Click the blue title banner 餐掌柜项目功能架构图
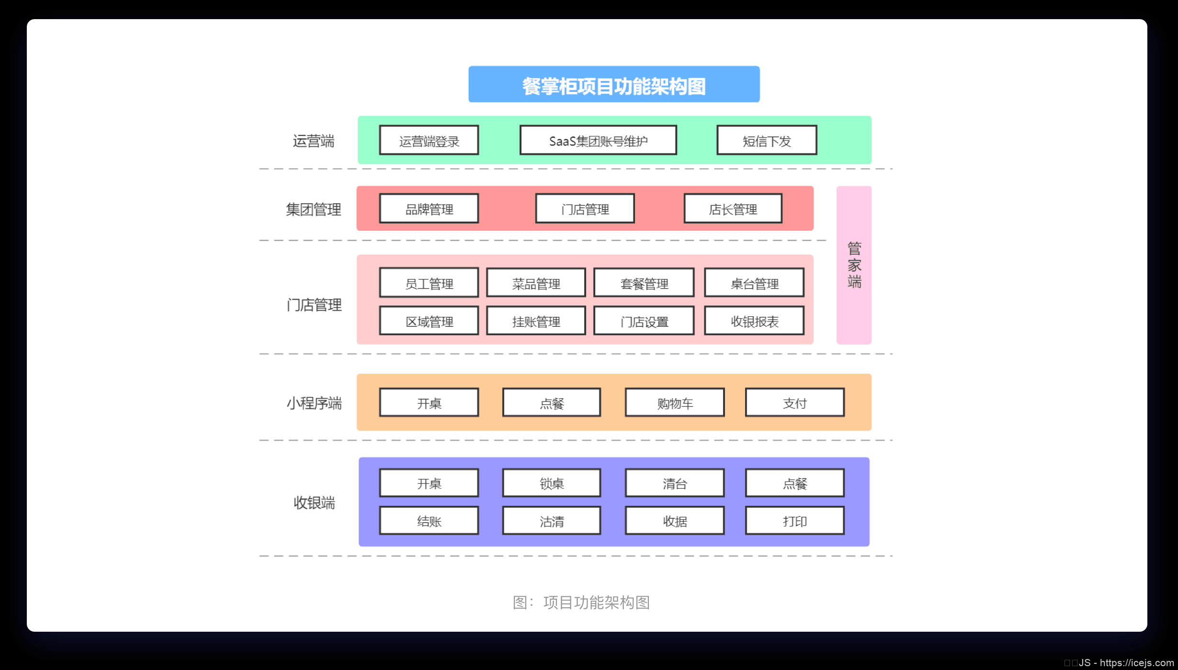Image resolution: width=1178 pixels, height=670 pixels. [x=614, y=85]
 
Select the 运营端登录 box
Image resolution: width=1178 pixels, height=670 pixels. [x=429, y=141]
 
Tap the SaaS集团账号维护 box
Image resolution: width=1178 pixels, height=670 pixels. [x=598, y=141]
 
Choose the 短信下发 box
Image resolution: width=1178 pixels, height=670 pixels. [x=767, y=141]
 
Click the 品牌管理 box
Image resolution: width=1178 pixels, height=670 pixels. [x=429, y=209]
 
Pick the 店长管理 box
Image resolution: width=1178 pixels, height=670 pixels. [x=733, y=209]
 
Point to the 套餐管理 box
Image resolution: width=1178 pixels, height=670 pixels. [x=644, y=283]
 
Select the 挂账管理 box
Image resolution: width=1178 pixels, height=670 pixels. [x=536, y=321]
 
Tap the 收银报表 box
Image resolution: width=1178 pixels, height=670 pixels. [x=754, y=321]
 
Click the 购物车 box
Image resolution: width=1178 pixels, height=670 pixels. [x=675, y=403]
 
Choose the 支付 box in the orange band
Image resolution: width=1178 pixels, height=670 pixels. [x=795, y=403]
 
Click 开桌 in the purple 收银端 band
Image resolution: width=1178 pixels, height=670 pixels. [x=429, y=483]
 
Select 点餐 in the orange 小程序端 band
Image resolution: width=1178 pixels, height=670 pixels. [x=552, y=403]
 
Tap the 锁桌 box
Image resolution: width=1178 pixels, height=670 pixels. [x=552, y=483]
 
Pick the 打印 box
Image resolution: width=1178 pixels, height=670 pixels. [x=795, y=521]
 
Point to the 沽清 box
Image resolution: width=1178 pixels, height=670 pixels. [x=552, y=521]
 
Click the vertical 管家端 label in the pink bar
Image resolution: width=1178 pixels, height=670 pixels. [x=854, y=265]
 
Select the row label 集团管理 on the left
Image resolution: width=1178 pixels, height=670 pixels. [x=314, y=209]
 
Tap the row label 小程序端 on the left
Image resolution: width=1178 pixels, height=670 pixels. [x=314, y=403]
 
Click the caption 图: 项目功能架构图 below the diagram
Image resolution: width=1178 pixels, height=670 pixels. [x=581, y=602]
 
